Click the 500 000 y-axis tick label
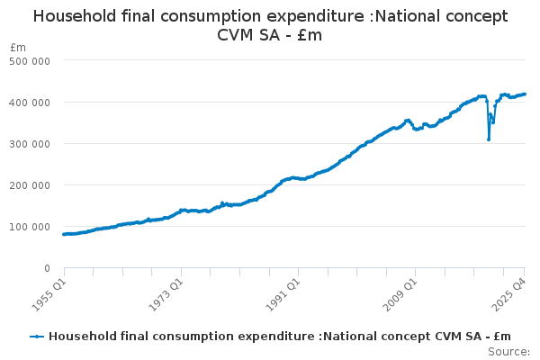(30, 60)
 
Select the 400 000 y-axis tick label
(30, 102)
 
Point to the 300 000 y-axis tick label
(30, 143)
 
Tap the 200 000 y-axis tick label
(30, 184)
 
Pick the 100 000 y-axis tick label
(30, 226)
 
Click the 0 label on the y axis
(46, 268)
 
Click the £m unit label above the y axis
(17, 47)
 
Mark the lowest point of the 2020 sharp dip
(489, 139)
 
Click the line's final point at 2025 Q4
(526, 94)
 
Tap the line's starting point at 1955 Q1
(64, 234)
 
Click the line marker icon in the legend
(37, 336)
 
